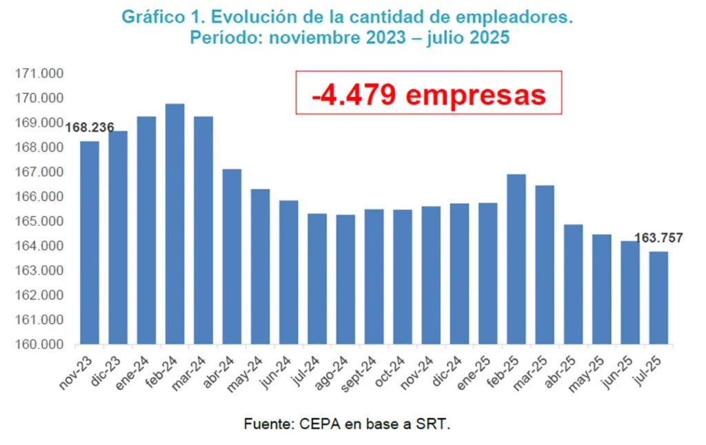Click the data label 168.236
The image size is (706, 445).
[x=90, y=127]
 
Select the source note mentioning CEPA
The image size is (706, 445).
[x=347, y=424]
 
